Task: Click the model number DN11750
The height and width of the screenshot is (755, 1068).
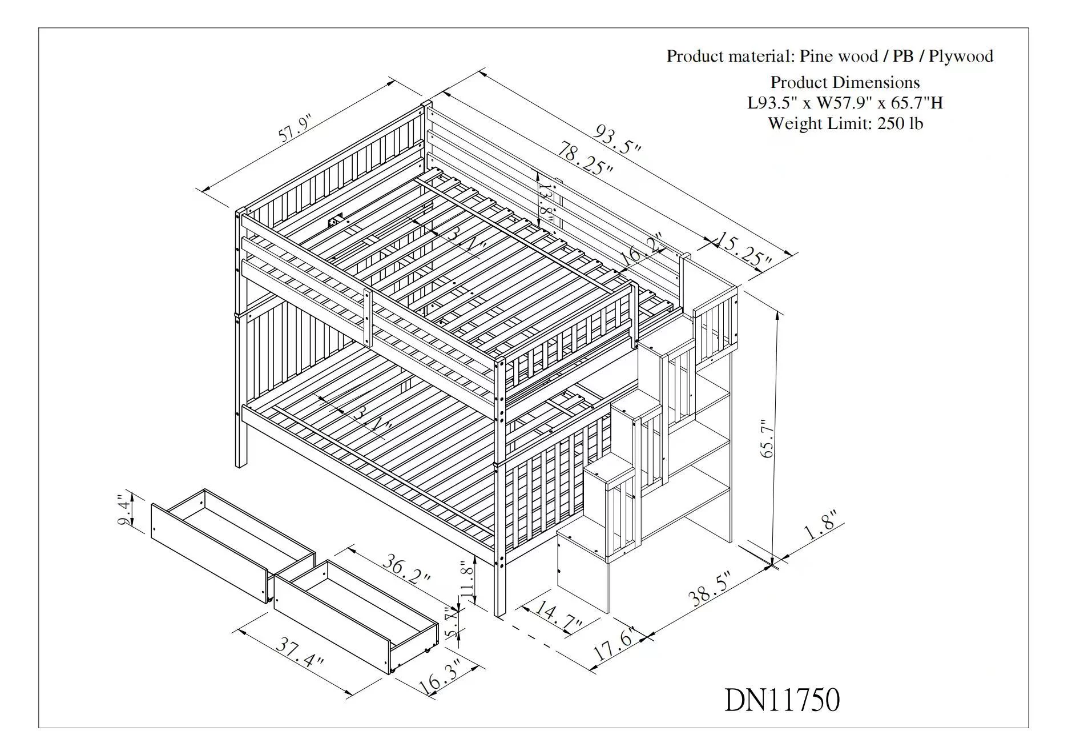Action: pos(781,700)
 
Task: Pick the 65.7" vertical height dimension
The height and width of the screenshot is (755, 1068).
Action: pos(767,439)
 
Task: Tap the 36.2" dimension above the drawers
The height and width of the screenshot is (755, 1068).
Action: pos(406,569)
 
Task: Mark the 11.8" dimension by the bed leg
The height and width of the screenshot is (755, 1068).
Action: pos(467,580)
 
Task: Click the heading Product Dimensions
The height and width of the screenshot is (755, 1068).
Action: pos(845,82)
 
